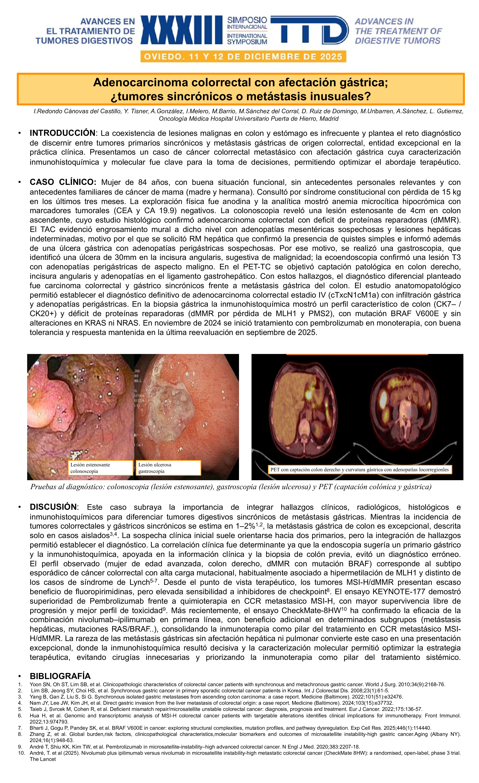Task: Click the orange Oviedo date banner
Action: pyautogui.click(x=243, y=57)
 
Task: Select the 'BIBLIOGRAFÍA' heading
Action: pyautogui.click(x=60, y=676)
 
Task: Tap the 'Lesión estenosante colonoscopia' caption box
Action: pyautogui.click(x=100, y=468)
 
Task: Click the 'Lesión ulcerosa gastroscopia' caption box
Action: pyautogui.click(x=168, y=468)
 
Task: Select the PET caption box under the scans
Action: pyautogui.click(x=359, y=469)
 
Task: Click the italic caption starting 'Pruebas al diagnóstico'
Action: pyautogui.click(x=231, y=487)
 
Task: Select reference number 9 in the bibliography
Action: pyautogui.click(x=20, y=747)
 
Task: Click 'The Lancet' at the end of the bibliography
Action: pyautogui.click(x=43, y=759)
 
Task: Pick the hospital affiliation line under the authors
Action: pyautogui.click(x=249, y=119)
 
